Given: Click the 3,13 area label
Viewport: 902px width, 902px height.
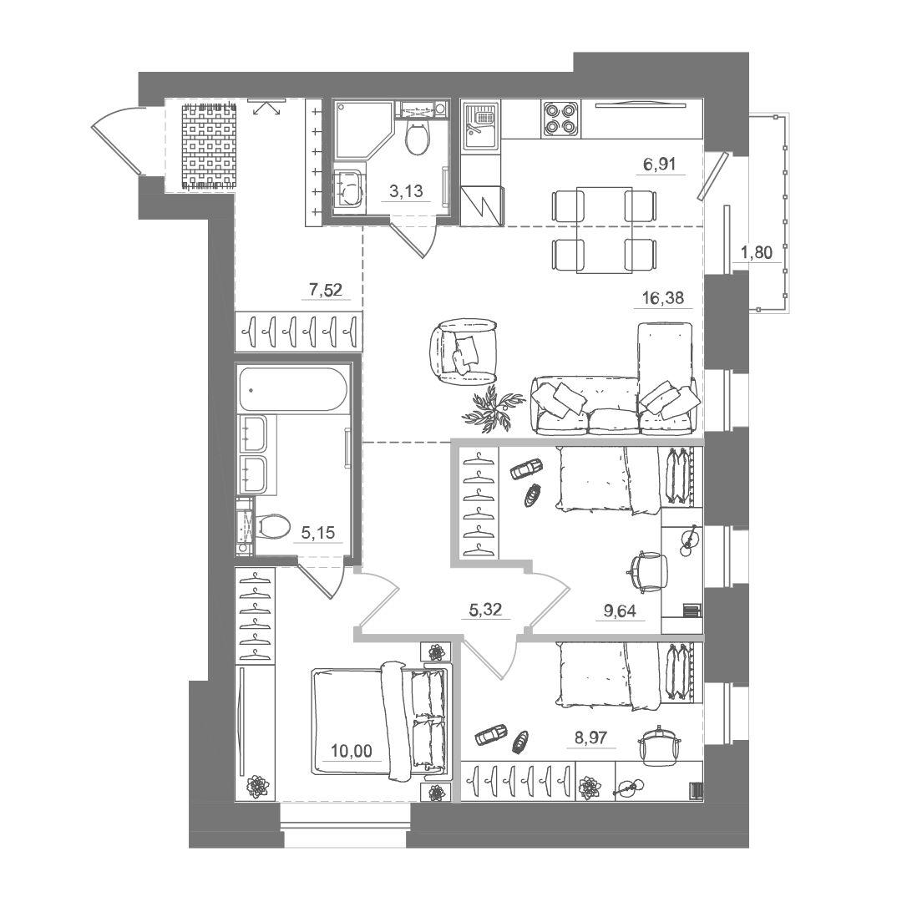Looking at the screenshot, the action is point(406,191).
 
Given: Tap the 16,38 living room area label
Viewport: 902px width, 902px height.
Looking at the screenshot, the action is point(663,298).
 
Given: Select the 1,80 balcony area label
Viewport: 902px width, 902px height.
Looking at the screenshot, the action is point(756,252).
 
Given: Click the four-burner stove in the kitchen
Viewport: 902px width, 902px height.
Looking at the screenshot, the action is point(561,119).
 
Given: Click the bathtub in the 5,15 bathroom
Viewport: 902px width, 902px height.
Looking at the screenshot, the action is point(293,389).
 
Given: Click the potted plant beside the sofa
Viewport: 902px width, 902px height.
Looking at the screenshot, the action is point(493,408).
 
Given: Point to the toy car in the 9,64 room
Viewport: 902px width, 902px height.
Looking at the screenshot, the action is point(525,469).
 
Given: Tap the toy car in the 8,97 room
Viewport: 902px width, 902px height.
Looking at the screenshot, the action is point(491,734).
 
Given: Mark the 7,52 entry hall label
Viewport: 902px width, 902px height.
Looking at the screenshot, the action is point(325,290).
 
